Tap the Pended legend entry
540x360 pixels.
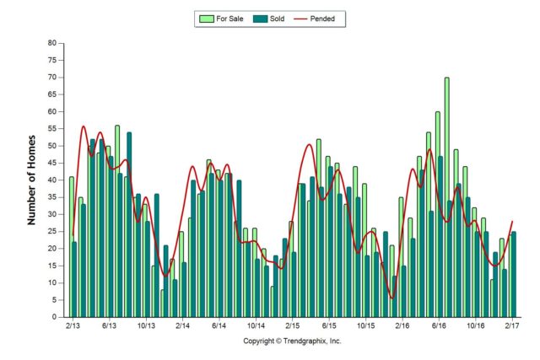326,17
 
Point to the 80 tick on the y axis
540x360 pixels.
52,43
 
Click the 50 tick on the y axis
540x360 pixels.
52,146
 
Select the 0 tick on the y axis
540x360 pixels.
55,318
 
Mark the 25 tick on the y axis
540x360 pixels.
52,232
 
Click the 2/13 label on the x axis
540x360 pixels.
73,325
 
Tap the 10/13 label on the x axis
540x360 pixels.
146,325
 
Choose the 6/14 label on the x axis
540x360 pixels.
219,325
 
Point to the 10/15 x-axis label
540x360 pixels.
365,325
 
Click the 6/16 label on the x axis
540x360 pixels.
439,325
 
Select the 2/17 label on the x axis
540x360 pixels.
512,325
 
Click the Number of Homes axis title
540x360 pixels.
33,179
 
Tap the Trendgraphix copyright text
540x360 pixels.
292,341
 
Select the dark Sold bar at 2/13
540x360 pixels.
75,279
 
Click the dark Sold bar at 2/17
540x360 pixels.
514,274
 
